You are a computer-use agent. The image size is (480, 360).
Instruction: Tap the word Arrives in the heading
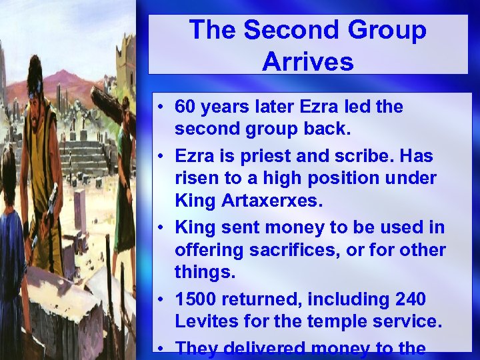(x=307, y=61)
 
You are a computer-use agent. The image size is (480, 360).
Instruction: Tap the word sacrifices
(x=295, y=250)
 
